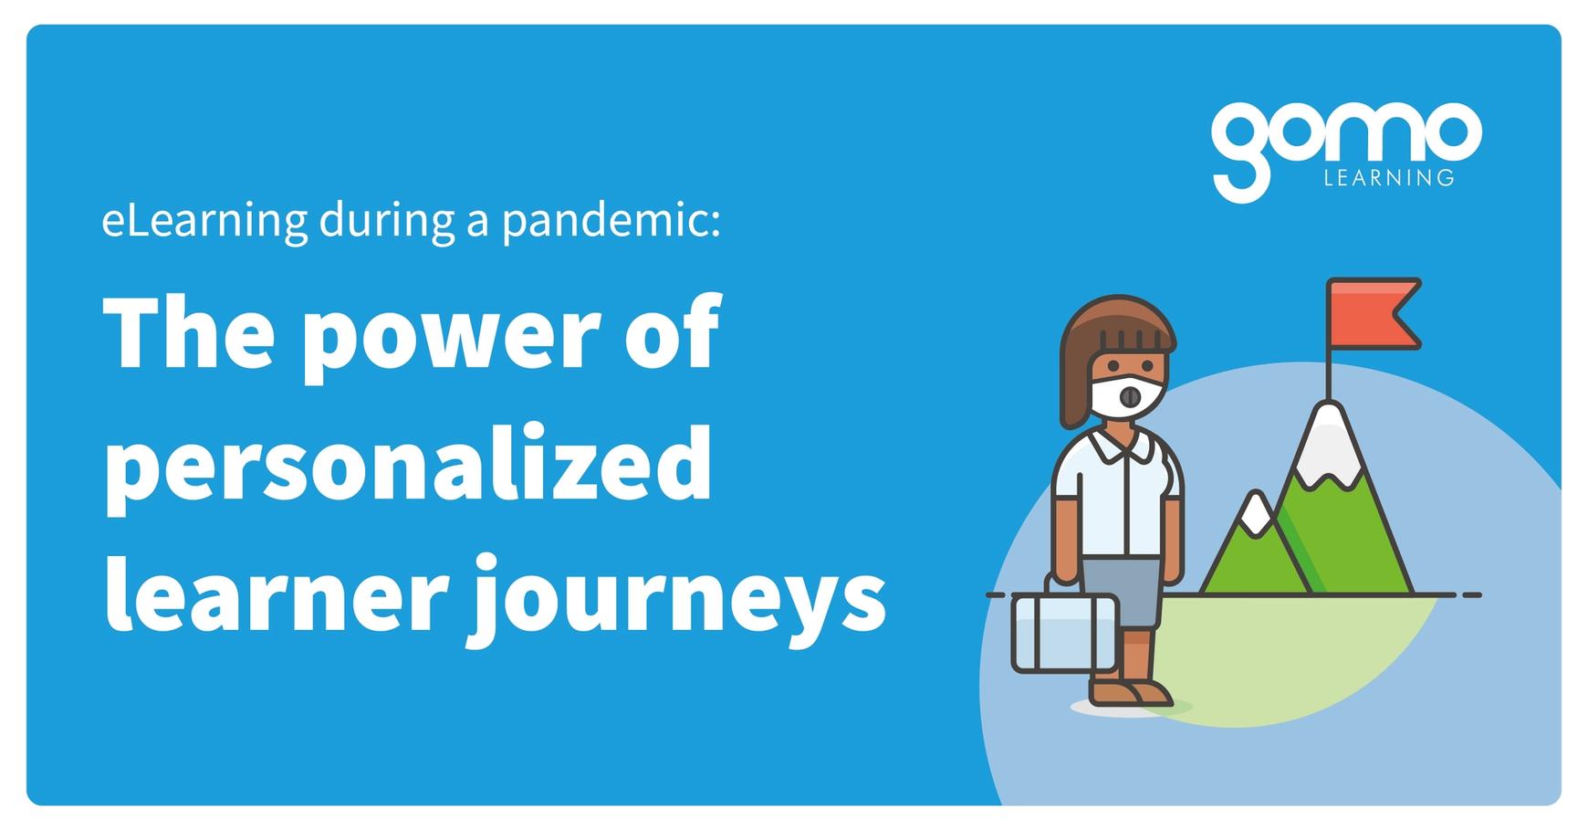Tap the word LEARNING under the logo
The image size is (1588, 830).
coord(1388,178)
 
